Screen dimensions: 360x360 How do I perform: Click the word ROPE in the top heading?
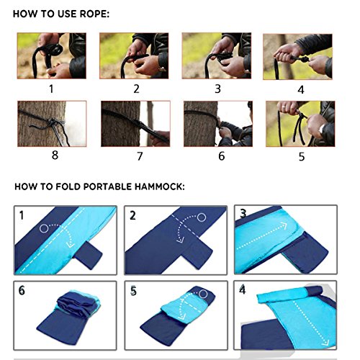tap(94, 14)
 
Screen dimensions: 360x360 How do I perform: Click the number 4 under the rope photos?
tap(301, 90)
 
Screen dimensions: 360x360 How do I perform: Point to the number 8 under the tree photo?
tap(55, 155)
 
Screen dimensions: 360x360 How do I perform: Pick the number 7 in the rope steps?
tap(140, 156)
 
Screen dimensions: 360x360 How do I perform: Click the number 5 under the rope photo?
tap(302, 156)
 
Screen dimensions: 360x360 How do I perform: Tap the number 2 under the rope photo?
tap(136, 89)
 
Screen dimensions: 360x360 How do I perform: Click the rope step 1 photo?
tap(52, 55)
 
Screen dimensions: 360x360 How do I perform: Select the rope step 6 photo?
tap(218, 124)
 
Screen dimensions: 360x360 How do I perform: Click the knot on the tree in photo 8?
tap(53, 123)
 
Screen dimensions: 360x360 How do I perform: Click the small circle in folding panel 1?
tap(44, 228)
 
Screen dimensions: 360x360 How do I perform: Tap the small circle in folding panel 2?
tap(202, 217)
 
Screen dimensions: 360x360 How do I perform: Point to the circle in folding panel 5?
tap(203, 294)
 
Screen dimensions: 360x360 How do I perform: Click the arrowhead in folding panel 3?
tap(284, 225)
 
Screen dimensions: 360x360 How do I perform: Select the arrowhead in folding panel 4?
tap(325, 342)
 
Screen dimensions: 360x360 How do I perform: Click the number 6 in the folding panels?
tap(22, 291)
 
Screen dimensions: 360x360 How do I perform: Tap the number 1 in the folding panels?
tap(22, 215)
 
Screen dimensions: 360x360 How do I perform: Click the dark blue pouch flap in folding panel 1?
tap(89, 255)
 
